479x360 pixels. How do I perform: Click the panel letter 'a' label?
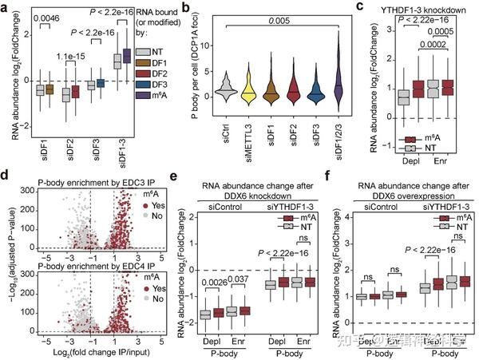coord(6,7)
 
